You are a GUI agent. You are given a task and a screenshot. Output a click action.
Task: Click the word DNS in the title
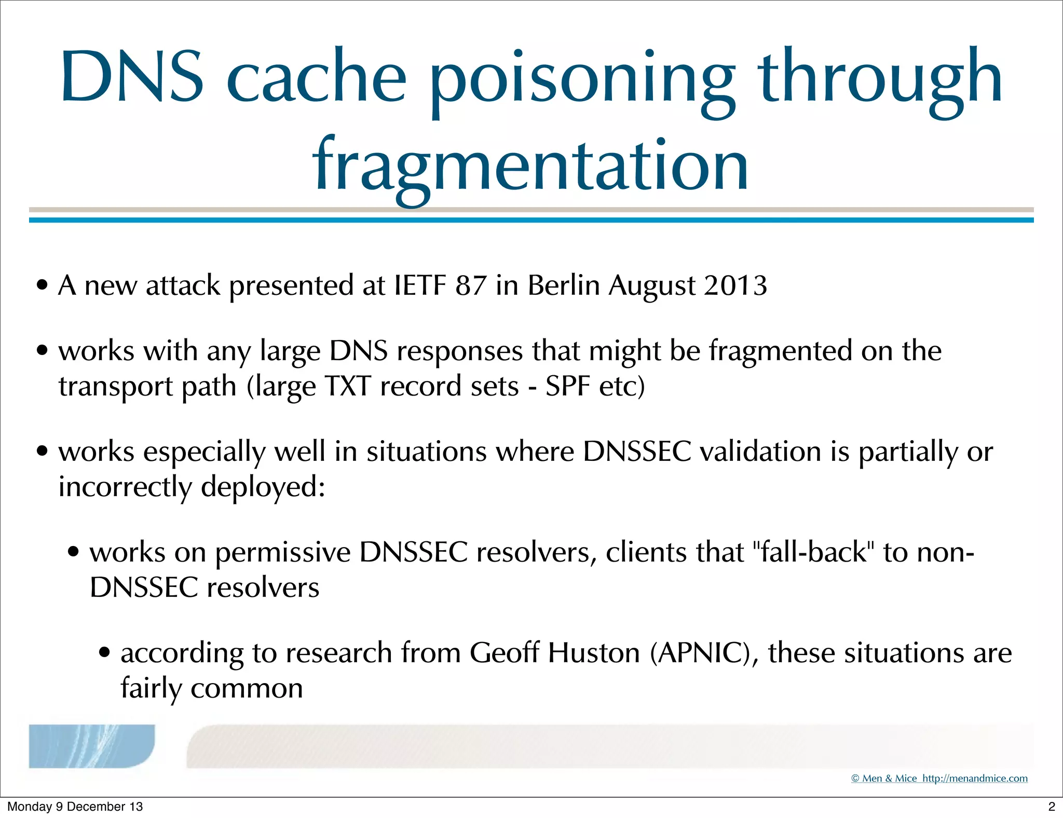[x=132, y=77]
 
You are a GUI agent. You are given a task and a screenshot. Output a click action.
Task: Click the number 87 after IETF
[x=471, y=285]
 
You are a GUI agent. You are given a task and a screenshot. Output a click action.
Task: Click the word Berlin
[x=563, y=285]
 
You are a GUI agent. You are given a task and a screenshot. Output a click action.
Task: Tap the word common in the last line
[x=247, y=689]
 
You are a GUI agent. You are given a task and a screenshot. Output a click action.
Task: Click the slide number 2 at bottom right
[x=1052, y=807]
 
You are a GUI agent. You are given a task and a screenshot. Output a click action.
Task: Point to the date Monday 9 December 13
[x=75, y=807]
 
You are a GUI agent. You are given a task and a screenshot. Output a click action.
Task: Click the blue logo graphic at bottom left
[x=91, y=746]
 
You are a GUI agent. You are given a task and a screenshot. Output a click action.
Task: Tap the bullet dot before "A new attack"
[x=43, y=285]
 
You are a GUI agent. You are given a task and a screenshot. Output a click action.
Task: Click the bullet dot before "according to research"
[x=105, y=652]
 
